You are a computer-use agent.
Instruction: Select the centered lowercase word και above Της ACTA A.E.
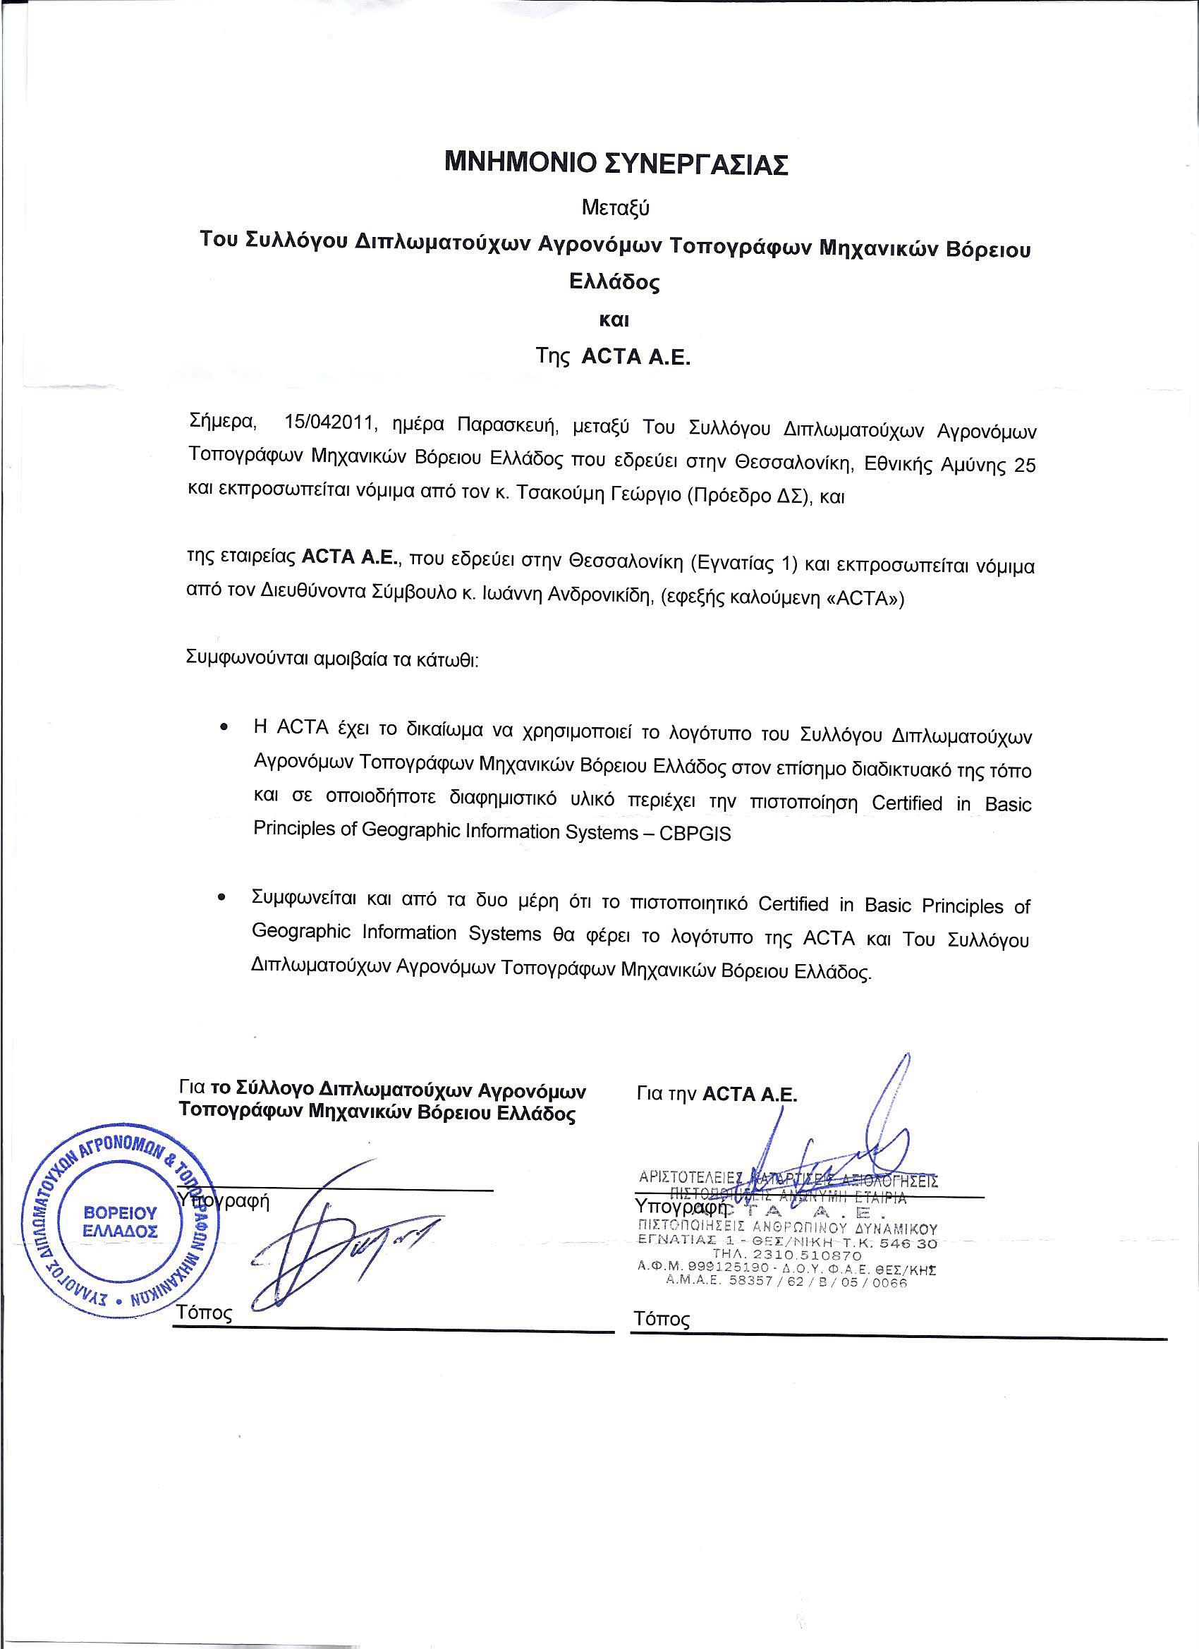(x=616, y=320)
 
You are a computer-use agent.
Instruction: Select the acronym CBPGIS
(x=695, y=834)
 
